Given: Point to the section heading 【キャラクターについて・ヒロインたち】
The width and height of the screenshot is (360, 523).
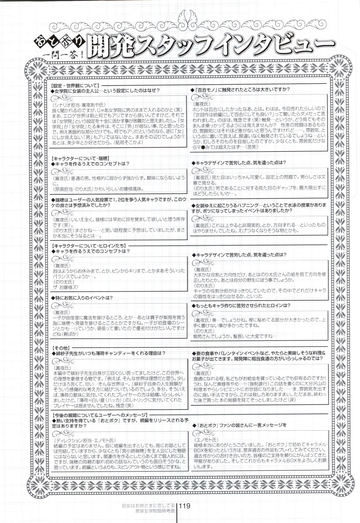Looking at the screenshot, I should pos(89,246).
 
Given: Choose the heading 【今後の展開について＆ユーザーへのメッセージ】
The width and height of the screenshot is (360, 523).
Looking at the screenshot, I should pos(100,415).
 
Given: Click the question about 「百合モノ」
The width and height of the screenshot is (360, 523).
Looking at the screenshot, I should pos(242,89).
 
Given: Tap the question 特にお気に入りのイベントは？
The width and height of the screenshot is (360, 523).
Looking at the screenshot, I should pos(82,298).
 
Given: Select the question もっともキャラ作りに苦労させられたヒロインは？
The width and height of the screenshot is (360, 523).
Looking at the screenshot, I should pos(241,305).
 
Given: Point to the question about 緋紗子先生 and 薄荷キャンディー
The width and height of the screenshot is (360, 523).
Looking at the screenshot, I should pos(109,353).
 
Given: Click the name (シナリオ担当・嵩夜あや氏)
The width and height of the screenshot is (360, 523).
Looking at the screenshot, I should pos(78,106).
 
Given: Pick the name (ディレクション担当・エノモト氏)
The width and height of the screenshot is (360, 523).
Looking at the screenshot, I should pos(85,440).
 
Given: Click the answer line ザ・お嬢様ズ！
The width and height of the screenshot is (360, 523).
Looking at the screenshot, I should pos(67,287).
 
